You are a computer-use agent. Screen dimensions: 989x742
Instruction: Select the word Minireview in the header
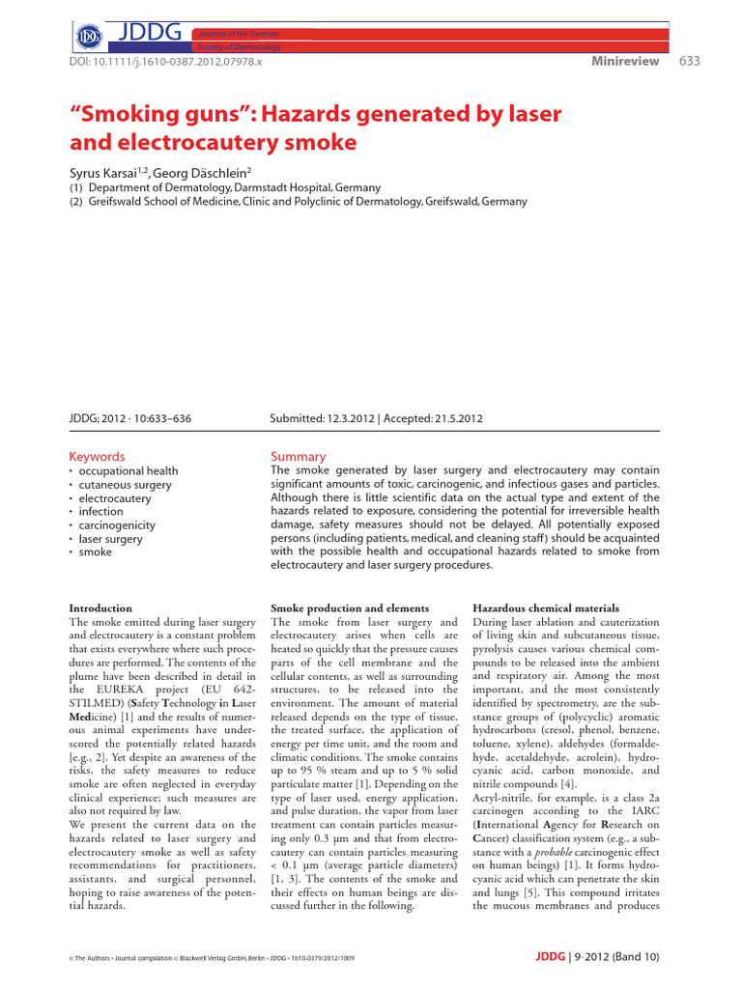pos(625,61)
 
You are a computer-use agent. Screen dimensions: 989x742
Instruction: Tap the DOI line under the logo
pos(166,61)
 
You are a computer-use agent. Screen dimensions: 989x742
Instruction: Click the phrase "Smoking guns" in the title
pos(157,115)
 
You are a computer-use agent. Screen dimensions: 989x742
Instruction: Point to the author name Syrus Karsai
pos(106,170)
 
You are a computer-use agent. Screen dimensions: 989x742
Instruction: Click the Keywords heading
pos(97,456)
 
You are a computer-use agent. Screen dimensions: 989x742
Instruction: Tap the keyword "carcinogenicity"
pos(117,524)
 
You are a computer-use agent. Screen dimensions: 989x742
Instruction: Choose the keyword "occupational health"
pos(128,470)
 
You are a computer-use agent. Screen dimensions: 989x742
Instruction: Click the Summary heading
pos(299,456)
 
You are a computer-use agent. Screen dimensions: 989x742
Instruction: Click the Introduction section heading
pos(100,608)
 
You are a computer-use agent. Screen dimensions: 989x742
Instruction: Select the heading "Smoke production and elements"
pos(350,608)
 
